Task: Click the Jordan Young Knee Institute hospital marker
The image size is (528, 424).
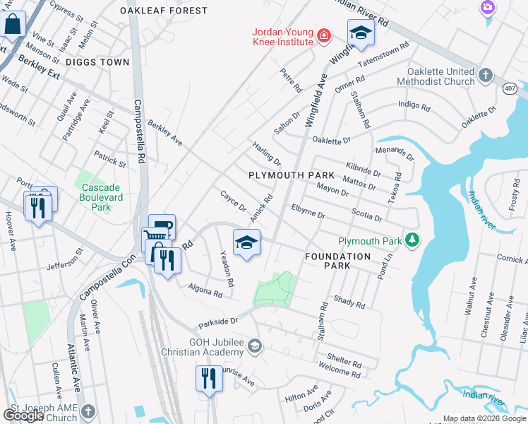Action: (x=324, y=35)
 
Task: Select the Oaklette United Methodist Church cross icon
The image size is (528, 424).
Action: (x=486, y=74)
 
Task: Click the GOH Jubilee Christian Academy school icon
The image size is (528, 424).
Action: (x=255, y=346)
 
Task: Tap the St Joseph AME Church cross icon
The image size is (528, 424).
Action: (x=88, y=411)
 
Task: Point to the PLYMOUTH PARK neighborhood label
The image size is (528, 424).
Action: (x=290, y=175)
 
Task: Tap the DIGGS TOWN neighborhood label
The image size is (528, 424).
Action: (x=97, y=62)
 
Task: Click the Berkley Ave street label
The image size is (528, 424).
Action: (x=165, y=132)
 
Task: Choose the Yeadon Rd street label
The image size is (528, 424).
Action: (x=227, y=269)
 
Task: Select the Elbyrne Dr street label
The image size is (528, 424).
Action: (x=308, y=211)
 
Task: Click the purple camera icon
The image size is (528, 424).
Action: (x=486, y=8)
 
